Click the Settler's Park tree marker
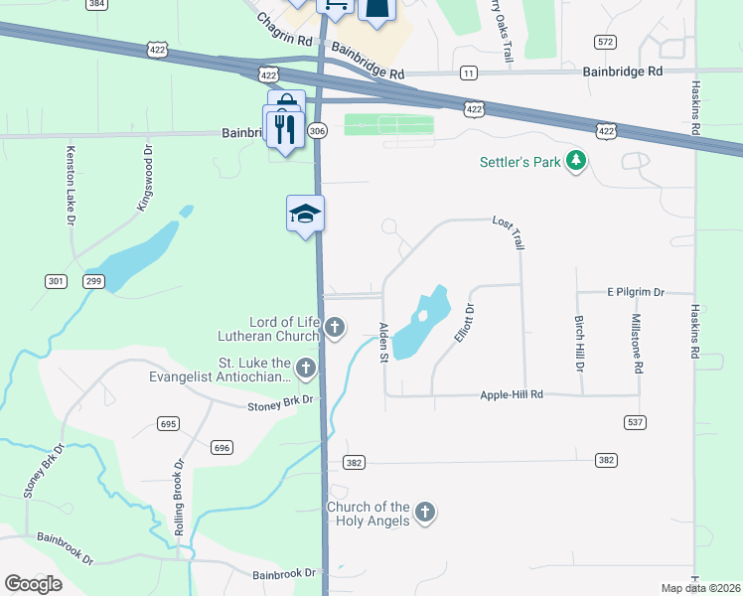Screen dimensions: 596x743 pyautogui.click(x=575, y=161)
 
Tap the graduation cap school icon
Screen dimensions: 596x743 pyautogui.click(x=306, y=214)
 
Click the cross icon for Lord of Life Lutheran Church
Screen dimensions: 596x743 pyautogui.click(x=336, y=327)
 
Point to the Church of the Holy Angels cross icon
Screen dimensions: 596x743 pyautogui.click(x=424, y=513)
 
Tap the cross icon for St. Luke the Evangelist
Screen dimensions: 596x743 pyautogui.click(x=306, y=369)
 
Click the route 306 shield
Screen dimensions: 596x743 pyautogui.click(x=317, y=131)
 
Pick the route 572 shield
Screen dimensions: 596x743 pyautogui.click(x=605, y=41)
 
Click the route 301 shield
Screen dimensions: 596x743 pyautogui.click(x=57, y=282)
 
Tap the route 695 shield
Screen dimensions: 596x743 pyautogui.click(x=168, y=424)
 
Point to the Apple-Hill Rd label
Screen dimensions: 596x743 pyautogui.click(x=512, y=394)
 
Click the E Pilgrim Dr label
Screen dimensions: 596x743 pyautogui.click(x=635, y=293)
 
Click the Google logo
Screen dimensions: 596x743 pyautogui.click(x=33, y=584)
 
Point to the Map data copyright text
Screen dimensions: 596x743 pyautogui.click(x=701, y=588)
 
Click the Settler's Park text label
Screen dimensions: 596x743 pyautogui.click(x=520, y=161)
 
